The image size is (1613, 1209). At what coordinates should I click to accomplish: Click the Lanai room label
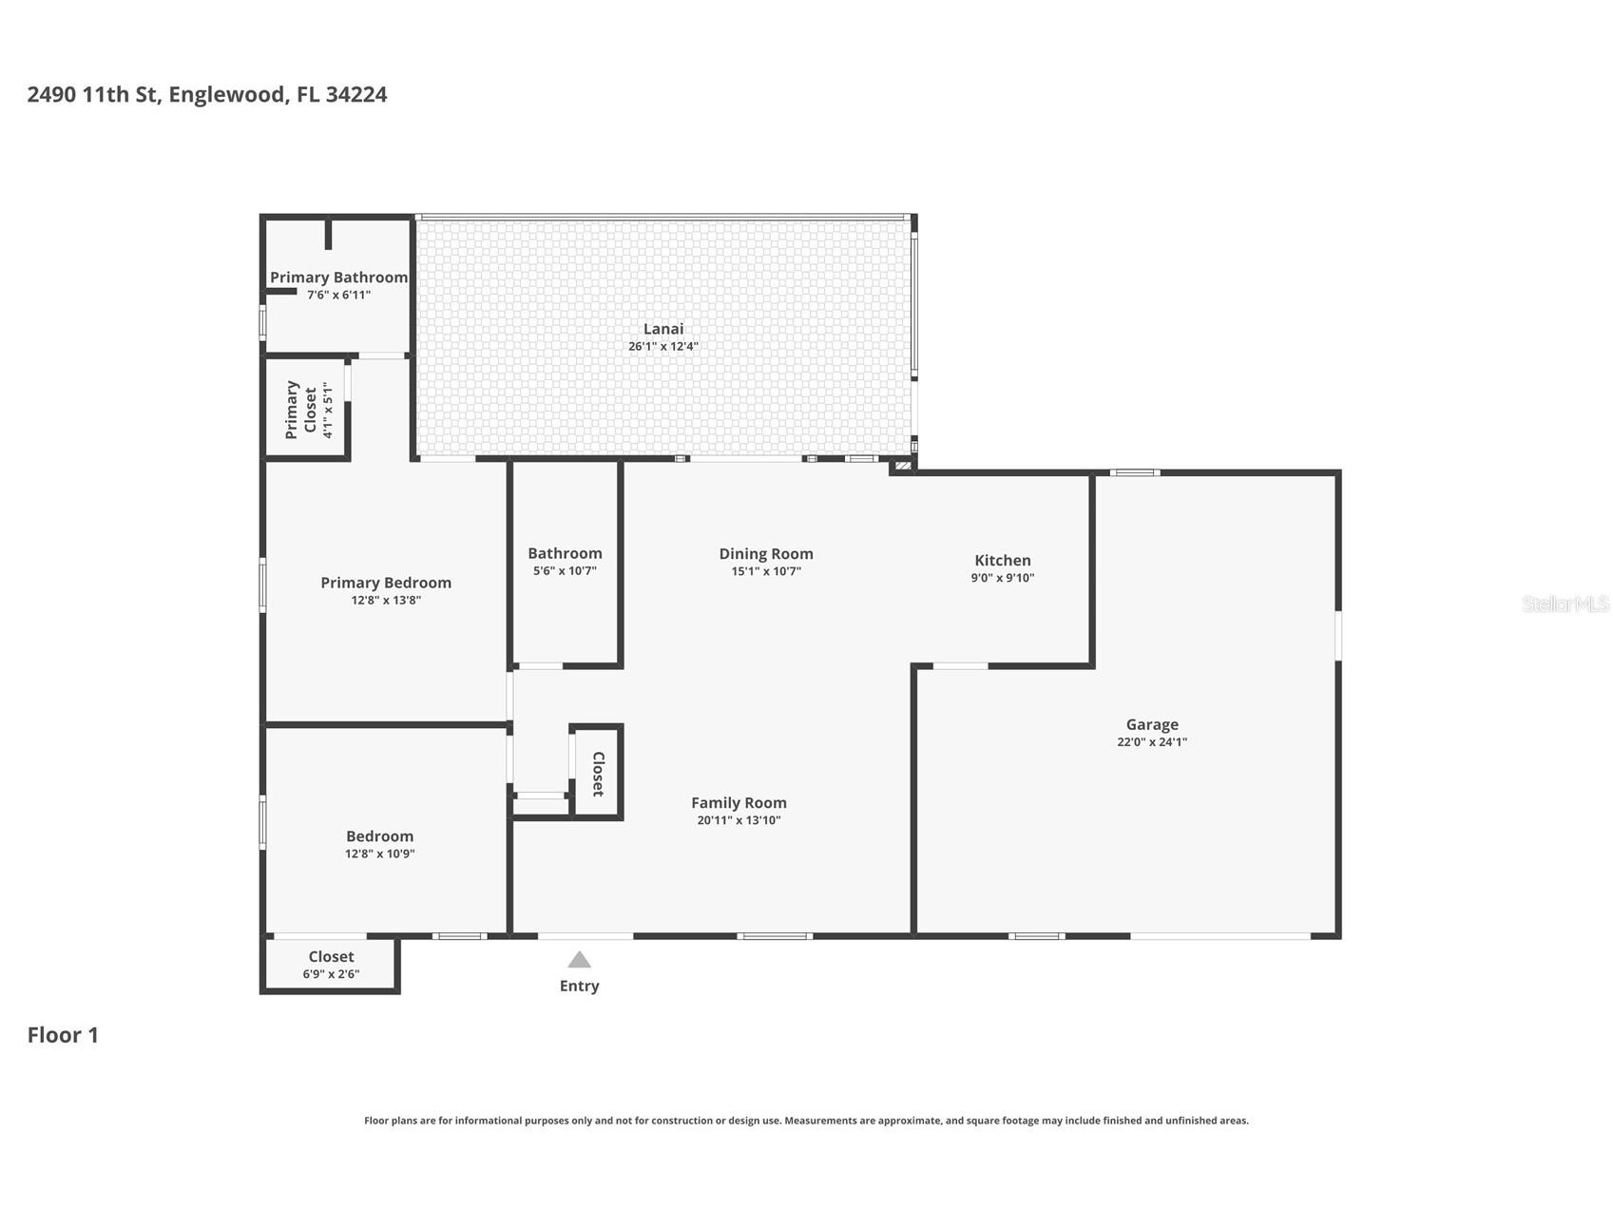click(x=662, y=329)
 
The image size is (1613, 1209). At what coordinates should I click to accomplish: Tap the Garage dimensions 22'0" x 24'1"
click(x=1152, y=742)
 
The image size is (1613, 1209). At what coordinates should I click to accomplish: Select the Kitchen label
click(x=1002, y=561)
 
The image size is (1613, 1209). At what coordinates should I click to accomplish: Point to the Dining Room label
click(x=765, y=554)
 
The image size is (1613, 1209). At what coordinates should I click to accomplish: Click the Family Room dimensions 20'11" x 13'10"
click(x=739, y=820)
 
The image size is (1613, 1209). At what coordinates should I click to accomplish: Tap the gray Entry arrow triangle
click(x=579, y=960)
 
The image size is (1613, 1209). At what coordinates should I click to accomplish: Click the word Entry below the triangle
click(x=579, y=987)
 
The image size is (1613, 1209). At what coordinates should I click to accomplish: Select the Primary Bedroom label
click(x=385, y=583)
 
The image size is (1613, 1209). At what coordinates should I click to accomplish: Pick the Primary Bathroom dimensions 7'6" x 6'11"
click(x=338, y=296)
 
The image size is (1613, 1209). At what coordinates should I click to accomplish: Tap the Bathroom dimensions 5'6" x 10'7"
click(x=565, y=571)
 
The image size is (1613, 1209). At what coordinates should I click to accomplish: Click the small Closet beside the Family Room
click(x=598, y=774)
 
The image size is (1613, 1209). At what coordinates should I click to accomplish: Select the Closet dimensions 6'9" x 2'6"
click(x=331, y=974)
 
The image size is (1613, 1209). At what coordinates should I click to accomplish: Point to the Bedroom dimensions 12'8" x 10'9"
click(x=379, y=854)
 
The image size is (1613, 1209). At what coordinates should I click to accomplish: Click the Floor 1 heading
click(x=63, y=1035)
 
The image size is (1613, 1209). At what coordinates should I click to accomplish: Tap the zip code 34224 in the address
click(x=355, y=94)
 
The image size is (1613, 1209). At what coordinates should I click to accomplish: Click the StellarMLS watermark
click(x=1565, y=604)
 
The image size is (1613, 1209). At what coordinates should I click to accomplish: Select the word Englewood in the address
click(x=226, y=94)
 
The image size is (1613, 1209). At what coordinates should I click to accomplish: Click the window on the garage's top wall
click(x=1135, y=472)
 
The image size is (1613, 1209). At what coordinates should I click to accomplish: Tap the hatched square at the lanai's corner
click(x=902, y=466)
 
